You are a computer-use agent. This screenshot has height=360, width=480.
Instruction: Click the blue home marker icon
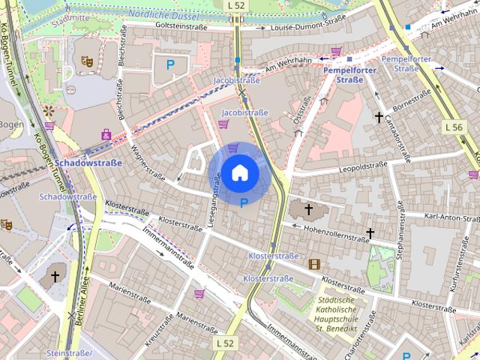(240, 173)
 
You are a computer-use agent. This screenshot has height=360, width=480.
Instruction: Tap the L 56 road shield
(453, 127)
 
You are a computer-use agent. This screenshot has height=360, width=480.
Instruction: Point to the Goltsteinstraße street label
(180, 25)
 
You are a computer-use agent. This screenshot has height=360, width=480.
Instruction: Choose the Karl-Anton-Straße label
(451, 218)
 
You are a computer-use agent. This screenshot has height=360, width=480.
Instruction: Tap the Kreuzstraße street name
(159, 328)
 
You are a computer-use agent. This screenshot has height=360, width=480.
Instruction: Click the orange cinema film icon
(314, 263)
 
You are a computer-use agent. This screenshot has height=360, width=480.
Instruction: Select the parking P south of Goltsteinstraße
(170, 64)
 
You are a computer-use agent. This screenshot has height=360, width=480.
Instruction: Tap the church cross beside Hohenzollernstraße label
(308, 209)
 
